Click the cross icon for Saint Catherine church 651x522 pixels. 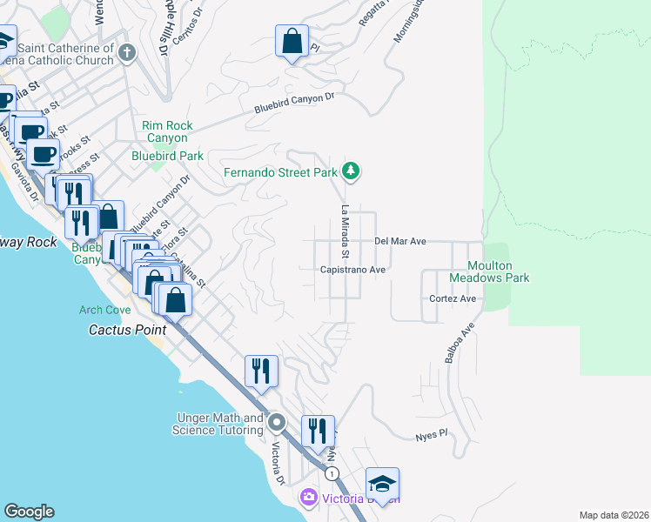(x=127, y=53)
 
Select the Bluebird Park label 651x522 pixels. (x=167, y=156)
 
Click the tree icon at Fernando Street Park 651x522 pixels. (x=351, y=171)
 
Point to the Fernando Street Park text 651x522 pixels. (x=279, y=172)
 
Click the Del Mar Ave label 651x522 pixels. (x=399, y=240)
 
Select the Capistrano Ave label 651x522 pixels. (x=353, y=270)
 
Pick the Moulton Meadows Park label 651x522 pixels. (x=489, y=271)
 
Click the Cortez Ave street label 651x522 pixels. (x=453, y=298)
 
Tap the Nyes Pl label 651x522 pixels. (x=431, y=433)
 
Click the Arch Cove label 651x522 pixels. (x=104, y=310)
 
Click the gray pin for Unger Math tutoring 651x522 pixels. (x=277, y=424)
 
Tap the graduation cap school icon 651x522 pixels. (x=382, y=482)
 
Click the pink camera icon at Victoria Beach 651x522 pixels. (x=307, y=499)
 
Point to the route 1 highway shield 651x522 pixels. (x=332, y=474)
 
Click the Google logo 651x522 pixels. (x=29, y=512)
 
